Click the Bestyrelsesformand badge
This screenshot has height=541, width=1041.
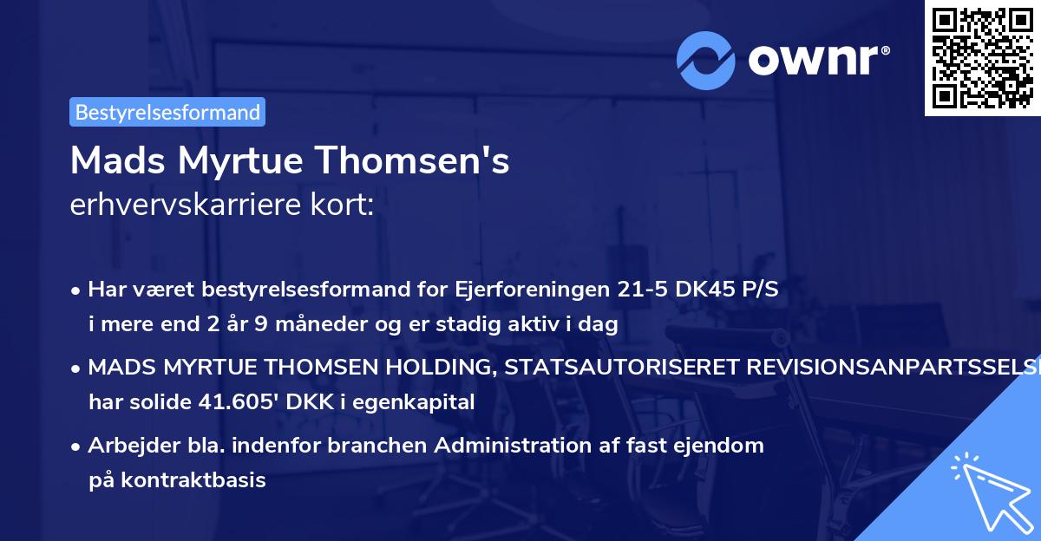pyautogui.click(x=167, y=112)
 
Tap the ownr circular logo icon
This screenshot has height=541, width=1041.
pyautogui.click(x=705, y=60)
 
